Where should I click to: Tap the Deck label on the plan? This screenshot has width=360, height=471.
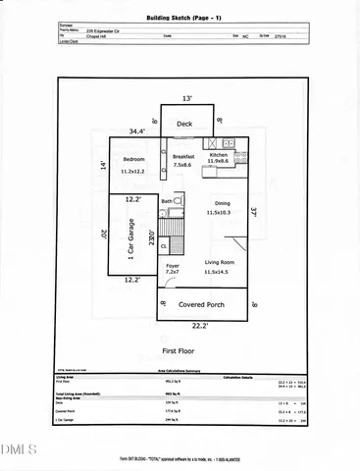point(184,124)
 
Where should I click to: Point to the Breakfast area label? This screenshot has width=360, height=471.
point(183,157)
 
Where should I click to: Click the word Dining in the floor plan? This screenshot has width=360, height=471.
point(218,203)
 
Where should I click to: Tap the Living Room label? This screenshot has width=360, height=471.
point(218,262)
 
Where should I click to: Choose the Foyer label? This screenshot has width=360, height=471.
point(173,265)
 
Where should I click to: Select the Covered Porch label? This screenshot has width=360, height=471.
point(204,304)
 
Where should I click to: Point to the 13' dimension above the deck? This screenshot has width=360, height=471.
point(187,98)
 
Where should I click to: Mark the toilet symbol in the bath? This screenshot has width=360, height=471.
point(180,201)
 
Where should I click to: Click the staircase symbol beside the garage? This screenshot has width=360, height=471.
point(172,228)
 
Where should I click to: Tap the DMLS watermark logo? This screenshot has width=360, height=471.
point(17,450)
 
